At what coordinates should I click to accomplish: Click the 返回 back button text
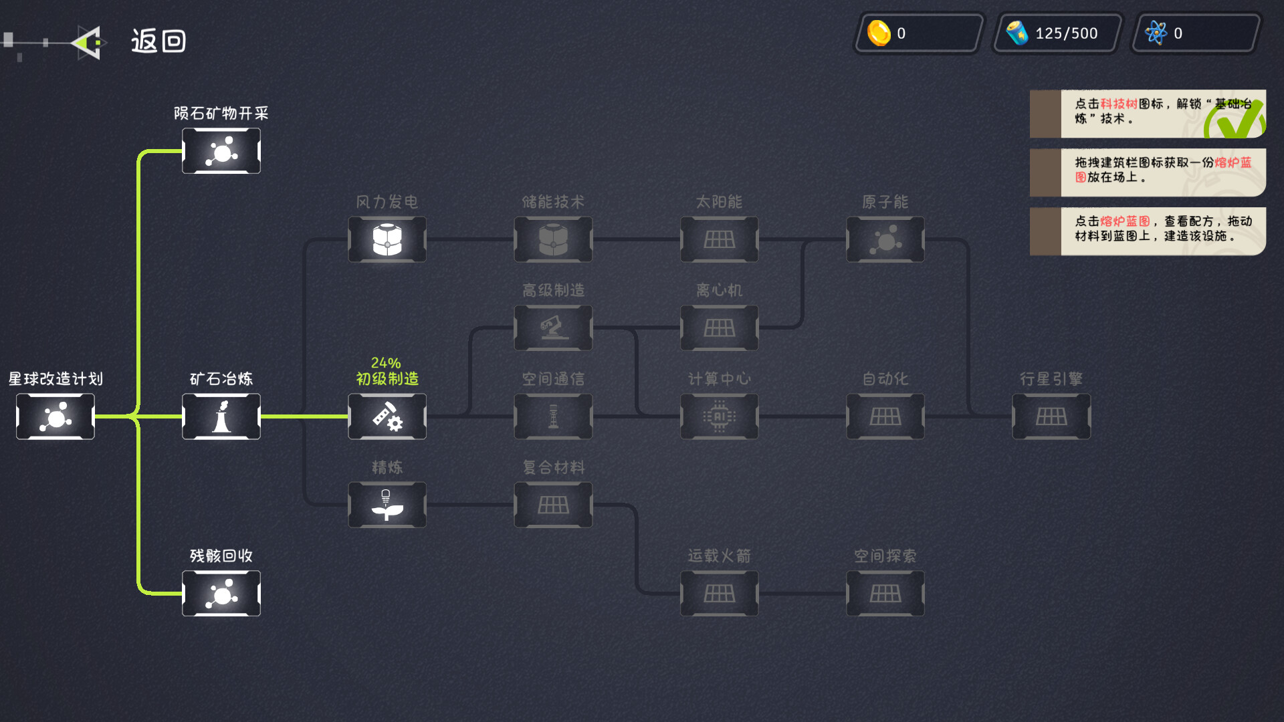tap(158, 41)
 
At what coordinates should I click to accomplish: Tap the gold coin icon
tap(879, 33)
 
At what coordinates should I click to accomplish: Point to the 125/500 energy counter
tap(1066, 33)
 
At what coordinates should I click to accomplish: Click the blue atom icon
tap(1156, 33)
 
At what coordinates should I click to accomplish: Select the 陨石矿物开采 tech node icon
tap(221, 151)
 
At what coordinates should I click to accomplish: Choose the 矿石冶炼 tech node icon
tap(221, 416)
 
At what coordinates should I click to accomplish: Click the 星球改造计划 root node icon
tap(56, 416)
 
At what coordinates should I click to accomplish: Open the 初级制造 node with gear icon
tap(387, 416)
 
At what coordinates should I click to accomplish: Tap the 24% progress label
tap(386, 363)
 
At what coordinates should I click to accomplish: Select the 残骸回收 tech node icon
tap(221, 594)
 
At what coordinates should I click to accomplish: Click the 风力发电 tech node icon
tap(387, 239)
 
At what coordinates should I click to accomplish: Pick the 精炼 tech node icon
tap(387, 505)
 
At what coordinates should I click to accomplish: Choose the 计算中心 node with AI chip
tap(720, 416)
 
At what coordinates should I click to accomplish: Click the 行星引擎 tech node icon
tap(1051, 416)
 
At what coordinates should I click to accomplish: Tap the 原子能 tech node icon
tap(885, 239)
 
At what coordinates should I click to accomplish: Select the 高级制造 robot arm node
tap(553, 328)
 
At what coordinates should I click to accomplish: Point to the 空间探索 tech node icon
tap(885, 594)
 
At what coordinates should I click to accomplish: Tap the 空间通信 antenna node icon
tap(553, 416)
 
